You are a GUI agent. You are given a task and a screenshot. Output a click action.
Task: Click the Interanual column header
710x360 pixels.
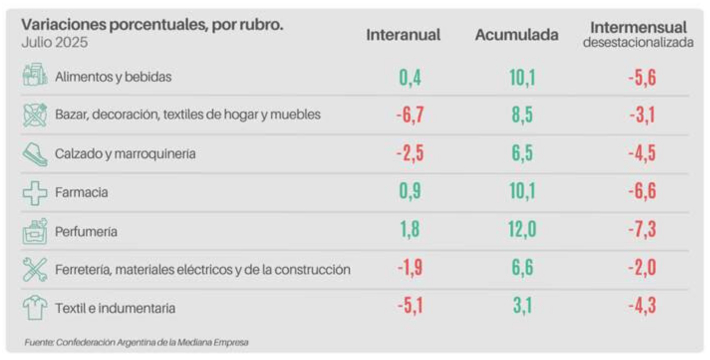click(403, 35)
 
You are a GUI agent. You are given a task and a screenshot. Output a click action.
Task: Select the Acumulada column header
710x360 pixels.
click(516, 35)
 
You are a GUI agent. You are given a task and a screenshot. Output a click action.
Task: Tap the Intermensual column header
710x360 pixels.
click(638, 27)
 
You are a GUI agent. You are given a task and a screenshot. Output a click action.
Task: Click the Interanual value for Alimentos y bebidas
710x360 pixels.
click(410, 78)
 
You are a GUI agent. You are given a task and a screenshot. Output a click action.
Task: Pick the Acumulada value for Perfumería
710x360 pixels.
click(522, 230)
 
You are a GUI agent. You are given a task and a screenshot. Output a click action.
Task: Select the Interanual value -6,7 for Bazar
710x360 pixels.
click(410, 116)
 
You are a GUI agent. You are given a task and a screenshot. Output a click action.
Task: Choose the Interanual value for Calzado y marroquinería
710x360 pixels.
click(410, 153)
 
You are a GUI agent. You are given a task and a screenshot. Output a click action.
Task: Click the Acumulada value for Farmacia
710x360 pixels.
click(522, 192)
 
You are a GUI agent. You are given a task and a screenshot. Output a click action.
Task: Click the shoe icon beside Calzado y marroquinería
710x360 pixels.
click(35, 153)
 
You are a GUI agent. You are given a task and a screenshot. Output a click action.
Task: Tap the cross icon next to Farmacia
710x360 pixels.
click(35, 192)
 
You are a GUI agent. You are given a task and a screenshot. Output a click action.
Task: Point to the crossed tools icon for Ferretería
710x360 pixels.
click(35, 269)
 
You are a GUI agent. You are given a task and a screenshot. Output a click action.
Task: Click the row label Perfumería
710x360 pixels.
click(86, 232)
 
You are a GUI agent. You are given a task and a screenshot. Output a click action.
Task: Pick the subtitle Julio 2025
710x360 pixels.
click(54, 42)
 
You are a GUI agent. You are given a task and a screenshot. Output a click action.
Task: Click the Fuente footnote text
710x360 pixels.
click(136, 343)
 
